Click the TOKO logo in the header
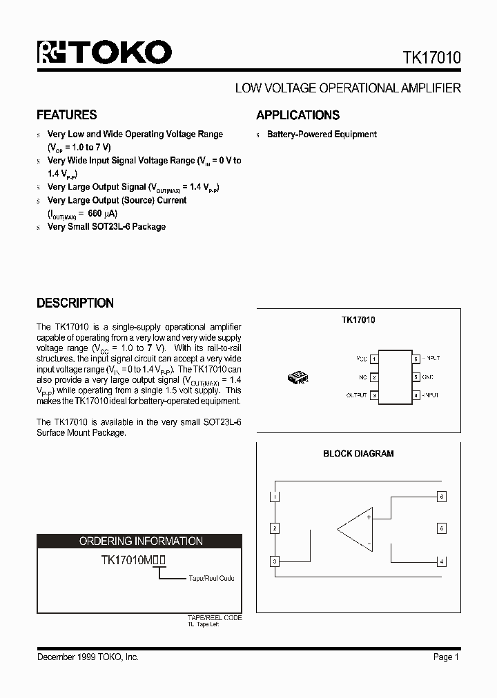(104, 53)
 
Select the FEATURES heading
(66, 115)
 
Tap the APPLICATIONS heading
(298, 115)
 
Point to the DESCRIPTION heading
(75, 303)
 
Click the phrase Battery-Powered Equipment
(322, 134)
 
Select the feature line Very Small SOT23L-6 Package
(106, 226)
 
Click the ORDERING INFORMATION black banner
(141, 541)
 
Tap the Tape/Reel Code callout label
(211, 578)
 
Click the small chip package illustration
(298, 377)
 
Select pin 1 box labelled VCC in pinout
(373, 359)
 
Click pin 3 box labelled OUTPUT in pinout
(373, 395)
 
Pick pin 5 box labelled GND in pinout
(416, 377)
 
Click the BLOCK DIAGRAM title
(358, 454)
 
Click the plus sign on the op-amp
(369, 517)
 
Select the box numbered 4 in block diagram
(442, 561)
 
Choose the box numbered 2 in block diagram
(275, 528)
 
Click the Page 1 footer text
(446, 657)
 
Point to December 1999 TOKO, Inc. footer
(88, 657)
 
